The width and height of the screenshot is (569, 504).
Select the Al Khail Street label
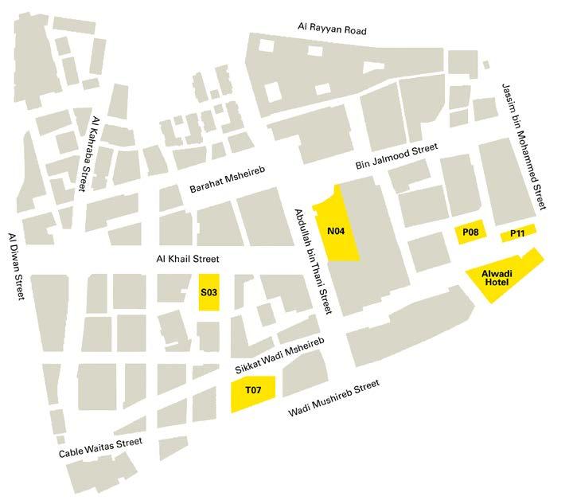pos(186,259)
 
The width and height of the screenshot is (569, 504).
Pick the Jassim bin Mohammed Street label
pos(524,147)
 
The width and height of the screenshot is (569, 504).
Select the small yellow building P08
pos(470,233)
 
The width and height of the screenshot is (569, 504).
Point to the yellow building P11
pos(517,233)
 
